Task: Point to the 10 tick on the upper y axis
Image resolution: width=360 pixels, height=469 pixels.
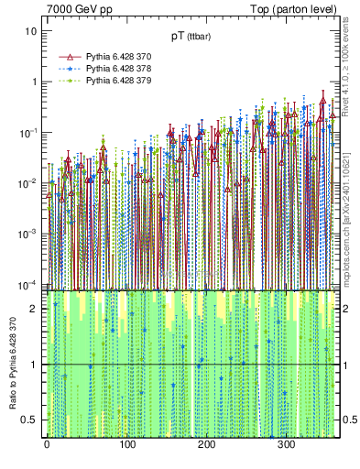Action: tap(31, 30)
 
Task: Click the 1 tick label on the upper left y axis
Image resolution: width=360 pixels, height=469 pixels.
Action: tap(34, 82)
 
